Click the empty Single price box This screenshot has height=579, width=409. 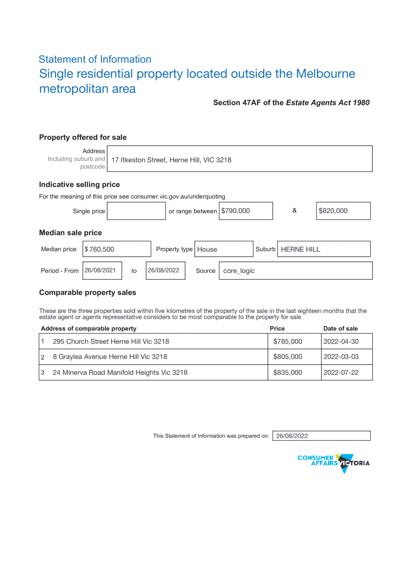[136, 211]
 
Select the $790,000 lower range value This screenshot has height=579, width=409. [236, 211]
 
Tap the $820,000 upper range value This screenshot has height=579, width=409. [333, 211]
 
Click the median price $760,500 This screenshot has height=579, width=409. [99, 249]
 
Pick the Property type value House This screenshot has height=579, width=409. [207, 249]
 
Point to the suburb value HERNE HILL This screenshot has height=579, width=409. [301, 249]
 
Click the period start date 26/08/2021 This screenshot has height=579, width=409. [100, 270]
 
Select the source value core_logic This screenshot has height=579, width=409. [239, 271]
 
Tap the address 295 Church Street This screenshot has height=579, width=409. [111, 341]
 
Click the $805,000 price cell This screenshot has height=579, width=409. [288, 356]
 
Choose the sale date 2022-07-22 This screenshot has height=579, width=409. [341, 372]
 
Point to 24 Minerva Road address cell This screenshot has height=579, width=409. [120, 372]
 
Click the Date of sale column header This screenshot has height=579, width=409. [340, 329]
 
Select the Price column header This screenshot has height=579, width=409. [277, 329]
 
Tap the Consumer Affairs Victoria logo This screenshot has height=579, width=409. [333, 463]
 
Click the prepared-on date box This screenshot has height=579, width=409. [321, 436]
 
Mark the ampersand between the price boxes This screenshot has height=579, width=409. [294, 210]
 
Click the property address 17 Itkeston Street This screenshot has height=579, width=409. [171, 160]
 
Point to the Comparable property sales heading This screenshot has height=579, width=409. [88, 292]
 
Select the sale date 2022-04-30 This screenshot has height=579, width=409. [341, 341]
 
